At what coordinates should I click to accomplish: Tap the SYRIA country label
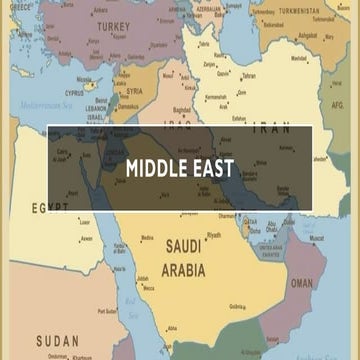[x=133, y=91]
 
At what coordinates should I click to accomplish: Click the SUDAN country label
[x=57, y=341]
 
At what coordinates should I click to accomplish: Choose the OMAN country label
[x=301, y=283]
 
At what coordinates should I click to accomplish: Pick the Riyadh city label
[x=214, y=235]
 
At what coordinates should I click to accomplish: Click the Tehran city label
[x=250, y=76]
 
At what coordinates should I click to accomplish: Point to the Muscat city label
[x=316, y=239]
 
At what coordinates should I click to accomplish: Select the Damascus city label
[x=128, y=106]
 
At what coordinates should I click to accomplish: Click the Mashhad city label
[x=299, y=58]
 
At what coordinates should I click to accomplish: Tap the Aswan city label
[x=88, y=239]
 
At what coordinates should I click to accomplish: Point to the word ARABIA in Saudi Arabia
[x=183, y=270]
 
